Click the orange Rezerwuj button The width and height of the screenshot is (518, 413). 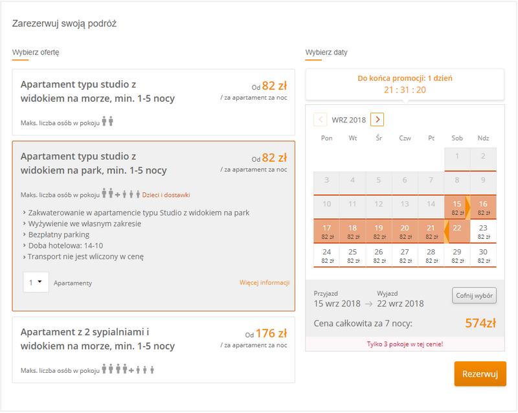[x=480, y=374]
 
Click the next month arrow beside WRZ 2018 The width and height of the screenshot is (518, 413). [x=377, y=120]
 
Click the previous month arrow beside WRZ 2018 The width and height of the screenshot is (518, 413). [x=320, y=120]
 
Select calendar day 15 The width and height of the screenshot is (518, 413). [x=457, y=208]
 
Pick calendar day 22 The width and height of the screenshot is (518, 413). [x=457, y=231]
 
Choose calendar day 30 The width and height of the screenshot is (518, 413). [x=483, y=256]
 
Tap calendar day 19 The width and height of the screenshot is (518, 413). [x=379, y=231]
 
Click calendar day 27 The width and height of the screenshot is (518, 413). [x=405, y=256]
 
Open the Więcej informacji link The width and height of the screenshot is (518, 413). [x=265, y=282]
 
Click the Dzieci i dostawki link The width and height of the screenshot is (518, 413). [x=166, y=195]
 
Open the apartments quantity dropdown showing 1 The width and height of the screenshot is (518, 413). [x=36, y=282]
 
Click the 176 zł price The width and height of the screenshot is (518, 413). [x=271, y=333]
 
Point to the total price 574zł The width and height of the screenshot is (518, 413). [x=480, y=323]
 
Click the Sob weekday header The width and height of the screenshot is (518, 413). [x=457, y=138]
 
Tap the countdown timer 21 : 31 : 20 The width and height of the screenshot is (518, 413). [x=405, y=90]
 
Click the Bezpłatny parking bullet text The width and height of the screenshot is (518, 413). [x=59, y=234]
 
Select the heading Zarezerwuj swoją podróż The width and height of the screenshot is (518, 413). [x=64, y=24]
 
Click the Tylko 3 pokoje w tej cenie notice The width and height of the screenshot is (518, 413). [x=405, y=344]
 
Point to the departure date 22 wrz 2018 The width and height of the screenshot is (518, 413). [x=400, y=304]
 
